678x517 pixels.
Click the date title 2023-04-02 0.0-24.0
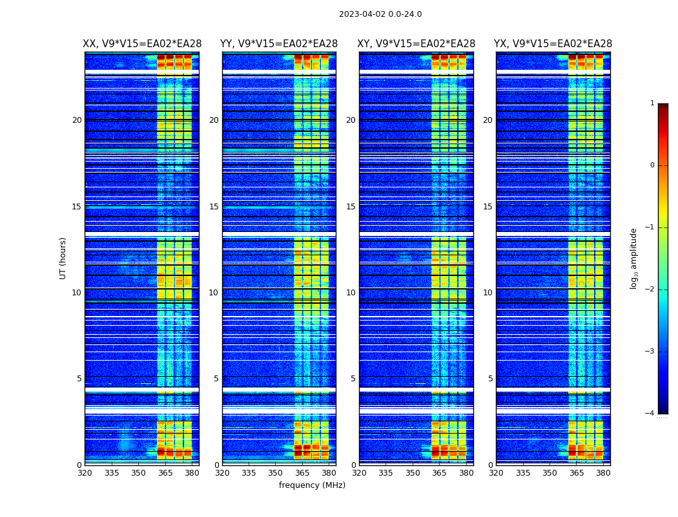(x=380, y=14)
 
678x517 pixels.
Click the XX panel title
(x=142, y=44)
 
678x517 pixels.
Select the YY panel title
(x=279, y=44)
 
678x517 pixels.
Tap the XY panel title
(x=416, y=44)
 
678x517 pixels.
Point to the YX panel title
(x=553, y=44)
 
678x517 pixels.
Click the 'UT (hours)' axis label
(x=63, y=258)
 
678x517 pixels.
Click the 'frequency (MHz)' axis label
(x=312, y=485)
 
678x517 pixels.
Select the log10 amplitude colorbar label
(x=634, y=258)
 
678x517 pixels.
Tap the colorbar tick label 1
(x=652, y=103)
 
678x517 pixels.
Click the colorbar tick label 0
(x=652, y=165)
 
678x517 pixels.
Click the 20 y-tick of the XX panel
(x=77, y=120)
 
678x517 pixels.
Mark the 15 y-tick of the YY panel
(x=214, y=207)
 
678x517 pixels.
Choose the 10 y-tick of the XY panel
(x=351, y=293)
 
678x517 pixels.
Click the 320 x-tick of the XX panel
(x=85, y=473)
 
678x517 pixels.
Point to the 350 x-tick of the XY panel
(x=413, y=473)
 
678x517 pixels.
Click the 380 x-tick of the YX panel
(x=603, y=473)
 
